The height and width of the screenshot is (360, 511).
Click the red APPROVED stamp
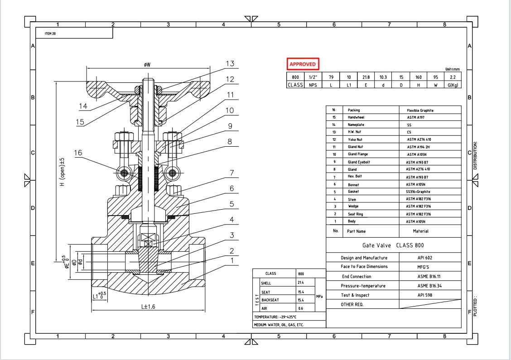[x=303, y=64]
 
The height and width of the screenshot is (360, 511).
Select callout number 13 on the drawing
[x=230, y=64]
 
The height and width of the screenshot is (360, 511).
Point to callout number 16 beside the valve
[x=78, y=153]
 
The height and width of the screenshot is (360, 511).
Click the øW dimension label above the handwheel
[x=147, y=65]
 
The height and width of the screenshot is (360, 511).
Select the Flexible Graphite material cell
[x=420, y=110]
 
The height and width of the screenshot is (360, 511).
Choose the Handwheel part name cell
[x=356, y=117]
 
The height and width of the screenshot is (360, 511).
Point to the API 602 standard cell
[x=425, y=258]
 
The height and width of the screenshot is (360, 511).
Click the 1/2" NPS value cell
[x=313, y=77]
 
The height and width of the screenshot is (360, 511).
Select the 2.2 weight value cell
[x=452, y=77]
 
